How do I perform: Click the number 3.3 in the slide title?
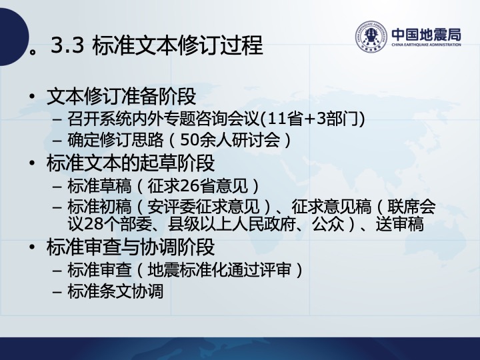[x=67, y=45]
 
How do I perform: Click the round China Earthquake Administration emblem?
[x=371, y=36]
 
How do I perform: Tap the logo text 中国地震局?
[x=426, y=35]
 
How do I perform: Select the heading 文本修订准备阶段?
[x=121, y=96]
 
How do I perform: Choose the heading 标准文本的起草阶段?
[x=131, y=163]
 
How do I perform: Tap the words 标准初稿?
[x=99, y=206]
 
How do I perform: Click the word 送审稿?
[x=400, y=224]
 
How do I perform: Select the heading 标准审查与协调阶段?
[x=131, y=247]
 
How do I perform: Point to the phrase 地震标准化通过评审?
[x=219, y=270]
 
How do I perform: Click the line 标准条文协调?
[x=115, y=291]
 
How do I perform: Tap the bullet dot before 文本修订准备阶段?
[x=32, y=97]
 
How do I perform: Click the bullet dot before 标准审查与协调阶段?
[x=32, y=247]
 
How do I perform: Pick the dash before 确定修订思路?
[x=57, y=141]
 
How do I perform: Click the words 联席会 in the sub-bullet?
[x=411, y=206]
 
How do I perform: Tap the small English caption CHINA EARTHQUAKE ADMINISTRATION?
[x=426, y=45]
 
